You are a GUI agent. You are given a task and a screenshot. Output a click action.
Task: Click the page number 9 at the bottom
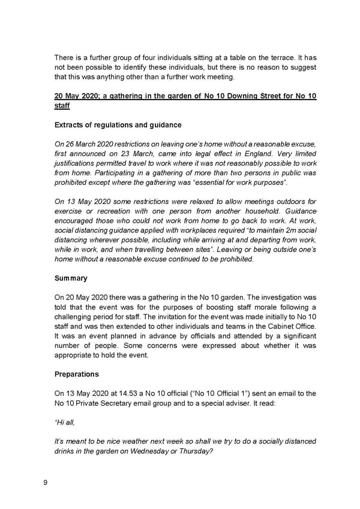tap(45, 482)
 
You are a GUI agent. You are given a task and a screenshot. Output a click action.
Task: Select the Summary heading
tap(71, 279)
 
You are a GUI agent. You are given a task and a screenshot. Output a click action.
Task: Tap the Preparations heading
tap(77, 374)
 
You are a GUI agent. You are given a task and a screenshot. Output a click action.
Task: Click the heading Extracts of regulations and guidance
tap(118, 125)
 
